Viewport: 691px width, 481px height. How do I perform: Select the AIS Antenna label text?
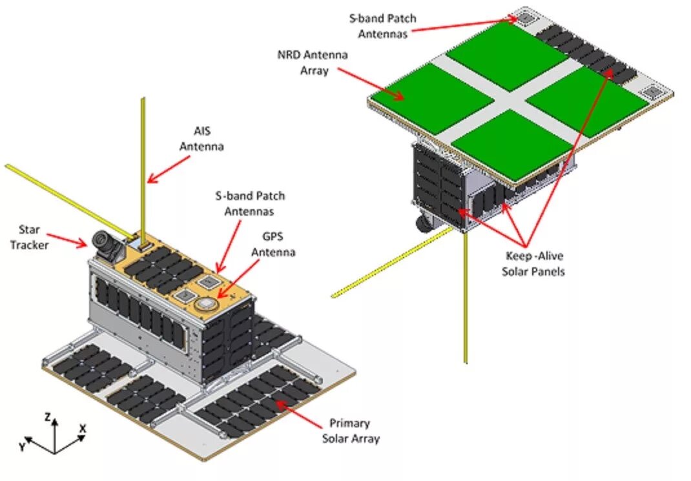coord(201,139)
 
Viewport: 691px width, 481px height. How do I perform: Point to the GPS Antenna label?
coord(273,244)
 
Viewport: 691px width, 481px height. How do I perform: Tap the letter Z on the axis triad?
coord(48,418)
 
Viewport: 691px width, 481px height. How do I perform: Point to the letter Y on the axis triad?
coord(22,446)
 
